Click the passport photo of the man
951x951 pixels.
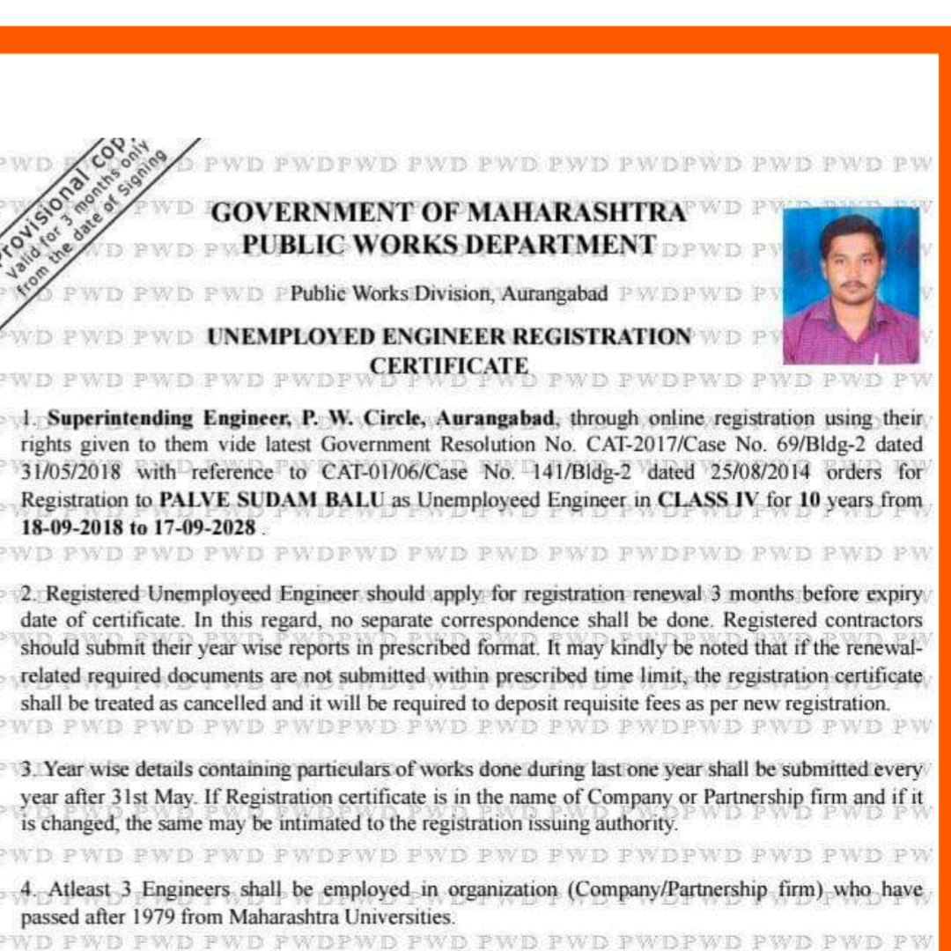pyautogui.click(x=851, y=285)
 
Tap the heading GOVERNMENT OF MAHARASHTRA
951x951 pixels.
pyautogui.click(x=448, y=213)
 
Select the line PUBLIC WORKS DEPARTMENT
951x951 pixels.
pyautogui.click(x=449, y=245)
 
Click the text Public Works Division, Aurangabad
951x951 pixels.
pyautogui.click(x=449, y=293)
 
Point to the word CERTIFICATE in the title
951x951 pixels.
pyautogui.click(x=449, y=365)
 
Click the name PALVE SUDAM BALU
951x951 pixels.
pyautogui.click(x=272, y=500)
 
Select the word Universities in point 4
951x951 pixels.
pyautogui.click(x=405, y=918)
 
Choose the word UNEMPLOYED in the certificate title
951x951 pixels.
pyautogui.click(x=295, y=337)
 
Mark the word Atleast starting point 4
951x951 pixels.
pyautogui.click(x=77, y=890)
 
